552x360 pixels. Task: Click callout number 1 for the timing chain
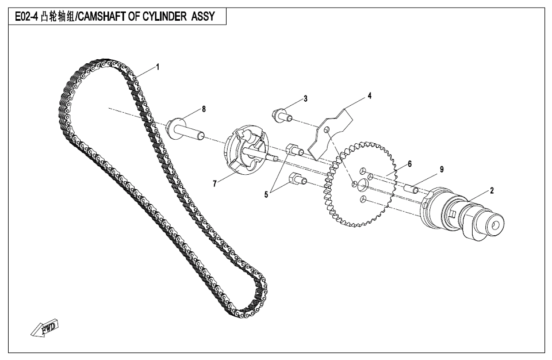(x=158, y=66)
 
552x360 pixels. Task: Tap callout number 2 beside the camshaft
(x=492, y=190)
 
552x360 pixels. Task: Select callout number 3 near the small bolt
(x=305, y=98)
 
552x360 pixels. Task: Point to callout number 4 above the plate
(x=370, y=96)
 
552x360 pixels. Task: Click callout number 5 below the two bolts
(x=266, y=194)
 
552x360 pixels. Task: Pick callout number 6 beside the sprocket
(x=409, y=164)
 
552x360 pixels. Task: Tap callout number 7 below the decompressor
(x=214, y=184)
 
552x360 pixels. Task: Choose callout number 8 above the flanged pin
(x=203, y=109)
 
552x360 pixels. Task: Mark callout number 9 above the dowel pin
(x=442, y=169)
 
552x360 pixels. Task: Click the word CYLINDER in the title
(x=162, y=17)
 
